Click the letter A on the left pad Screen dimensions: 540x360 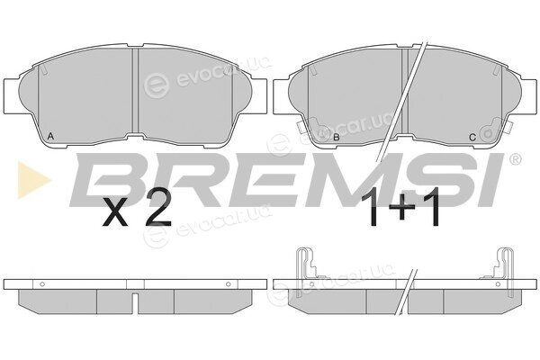tap(50, 137)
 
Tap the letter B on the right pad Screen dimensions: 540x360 tap(337, 138)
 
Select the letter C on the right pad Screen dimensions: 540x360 tap(472, 138)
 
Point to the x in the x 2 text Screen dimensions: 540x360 tap(116, 213)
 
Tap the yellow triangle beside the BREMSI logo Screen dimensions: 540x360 tap(34, 180)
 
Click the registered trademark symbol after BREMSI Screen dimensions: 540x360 tap(515, 159)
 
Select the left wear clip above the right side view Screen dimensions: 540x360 tap(306, 271)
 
